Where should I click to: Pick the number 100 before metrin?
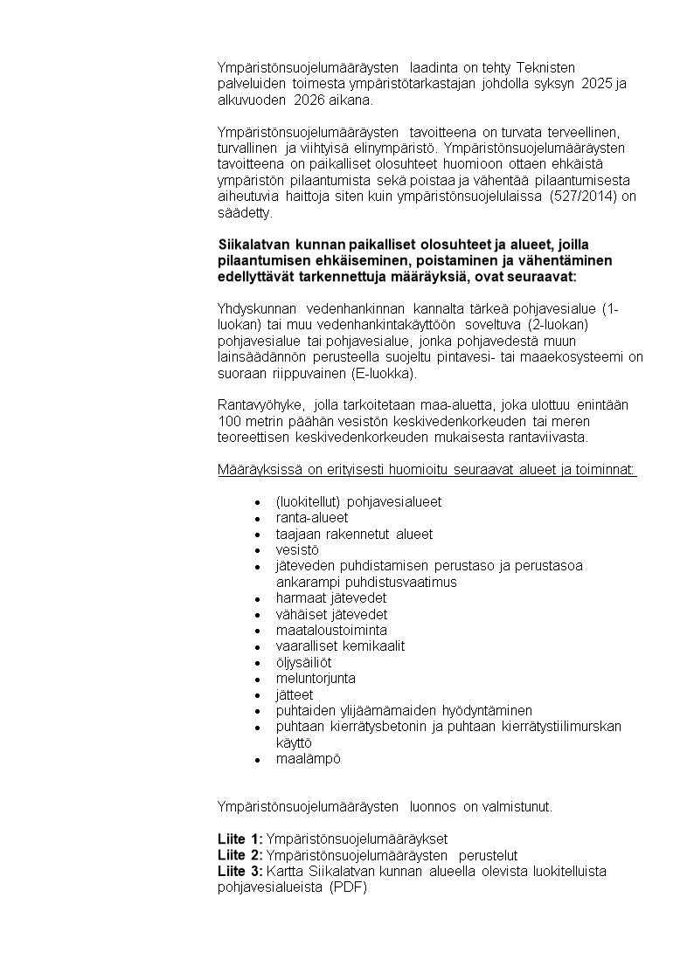coord(228,421)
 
